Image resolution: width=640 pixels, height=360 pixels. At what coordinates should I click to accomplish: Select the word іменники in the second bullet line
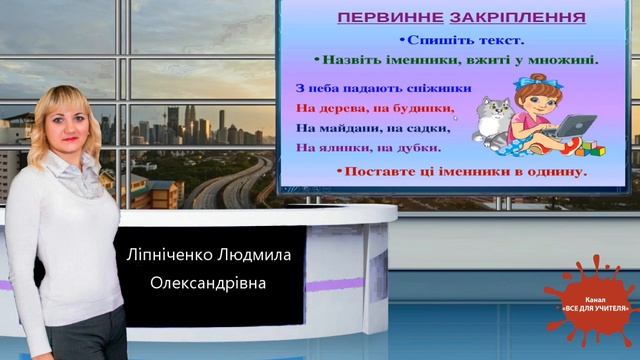pyautogui.click(x=424, y=60)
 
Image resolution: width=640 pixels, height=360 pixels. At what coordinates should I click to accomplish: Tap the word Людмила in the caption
pyautogui.click(x=256, y=256)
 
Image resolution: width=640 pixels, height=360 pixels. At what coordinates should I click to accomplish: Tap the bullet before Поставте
pyautogui.click(x=339, y=172)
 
